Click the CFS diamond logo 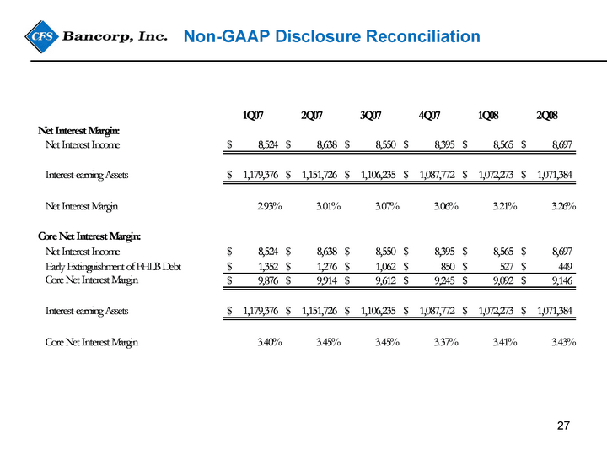(x=41, y=37)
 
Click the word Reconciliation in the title (x=423, y=36)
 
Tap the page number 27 (x=563, y=426)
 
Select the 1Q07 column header (x=253, y=115)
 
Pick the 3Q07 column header (x=370, y=115)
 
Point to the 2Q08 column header (x=547, y=115)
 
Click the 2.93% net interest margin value (x=270, y=206)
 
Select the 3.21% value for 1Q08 (x=505, y=206)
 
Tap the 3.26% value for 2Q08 (x=564, y=206)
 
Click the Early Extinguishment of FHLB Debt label (x=113, y=267)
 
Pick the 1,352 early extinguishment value (x=268, y=267)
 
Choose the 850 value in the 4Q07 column (x=448, y=267)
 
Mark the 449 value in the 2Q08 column (x=565, y=267)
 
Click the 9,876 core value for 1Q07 (x=268, y=280)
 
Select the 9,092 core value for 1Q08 (x=503, y=280)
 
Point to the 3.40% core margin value (x=270, y=342)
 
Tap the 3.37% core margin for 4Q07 (x=446, y=342)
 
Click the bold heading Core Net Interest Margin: (x=89, y=236)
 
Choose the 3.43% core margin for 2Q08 (x=564, y=342)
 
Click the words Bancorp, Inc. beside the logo (x=115, y=37)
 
